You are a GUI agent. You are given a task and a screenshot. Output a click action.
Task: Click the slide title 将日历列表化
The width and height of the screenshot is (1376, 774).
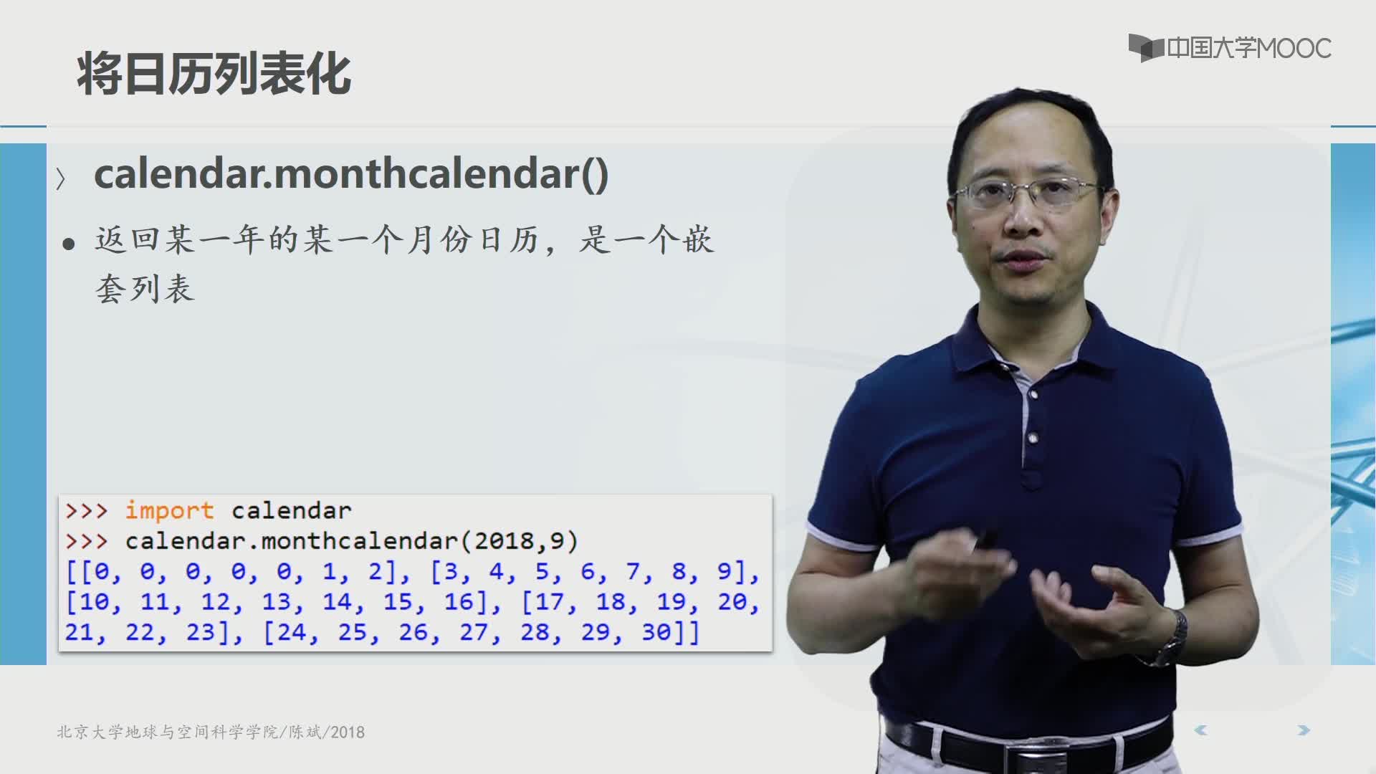point(214,73)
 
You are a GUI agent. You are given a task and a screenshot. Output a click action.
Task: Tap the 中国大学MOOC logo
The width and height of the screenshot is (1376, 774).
point(1230,48)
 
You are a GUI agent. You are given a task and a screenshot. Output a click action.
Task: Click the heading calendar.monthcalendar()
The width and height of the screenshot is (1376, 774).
point(351,174)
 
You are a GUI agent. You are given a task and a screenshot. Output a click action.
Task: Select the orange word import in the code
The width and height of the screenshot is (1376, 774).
point(169,510)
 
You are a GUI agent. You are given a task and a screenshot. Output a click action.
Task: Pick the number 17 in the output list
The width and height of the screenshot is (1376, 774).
point(550,602)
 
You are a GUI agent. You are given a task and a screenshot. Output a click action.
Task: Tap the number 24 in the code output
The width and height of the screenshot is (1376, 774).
point(292,632)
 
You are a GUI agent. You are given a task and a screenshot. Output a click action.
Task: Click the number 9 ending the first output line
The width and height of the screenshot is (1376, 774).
point(725,571)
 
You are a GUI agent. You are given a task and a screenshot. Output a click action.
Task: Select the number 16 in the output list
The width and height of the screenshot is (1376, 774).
point(459,602)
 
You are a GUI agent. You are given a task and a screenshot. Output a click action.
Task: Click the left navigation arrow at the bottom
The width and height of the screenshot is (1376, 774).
point(1201,730)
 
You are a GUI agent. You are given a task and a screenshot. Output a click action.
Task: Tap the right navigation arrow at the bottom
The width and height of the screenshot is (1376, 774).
point(1304,730)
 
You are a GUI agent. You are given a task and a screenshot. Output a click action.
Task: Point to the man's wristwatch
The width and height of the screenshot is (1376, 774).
point(1172,638)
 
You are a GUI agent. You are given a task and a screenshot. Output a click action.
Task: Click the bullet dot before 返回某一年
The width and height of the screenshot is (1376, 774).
point(69,244)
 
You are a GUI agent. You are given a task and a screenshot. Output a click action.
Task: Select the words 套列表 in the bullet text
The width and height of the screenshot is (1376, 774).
point(145,289)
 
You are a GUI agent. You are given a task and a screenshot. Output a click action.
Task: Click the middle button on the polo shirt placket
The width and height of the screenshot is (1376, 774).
point(1033,437)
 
